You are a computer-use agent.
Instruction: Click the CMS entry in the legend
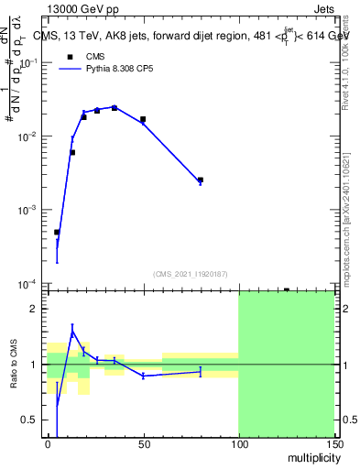coord(96,57)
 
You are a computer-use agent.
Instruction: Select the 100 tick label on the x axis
coord(238,443)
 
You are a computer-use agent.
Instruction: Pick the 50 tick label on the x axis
coord(143,443)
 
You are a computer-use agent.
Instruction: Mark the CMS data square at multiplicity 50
coord(143,119)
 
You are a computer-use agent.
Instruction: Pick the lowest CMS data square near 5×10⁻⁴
coord(57,232)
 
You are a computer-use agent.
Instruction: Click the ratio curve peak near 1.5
coord(72,327)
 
